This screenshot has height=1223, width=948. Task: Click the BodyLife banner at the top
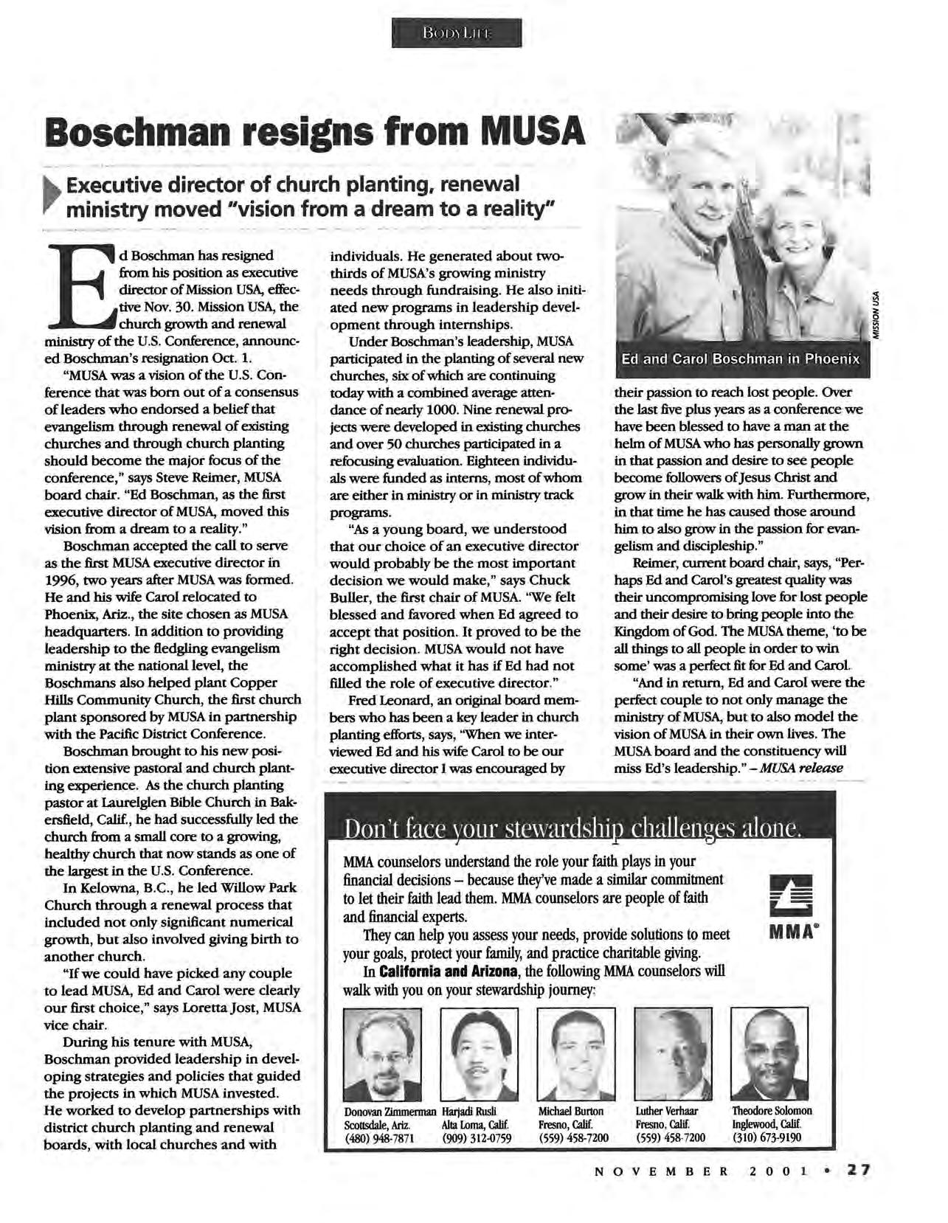457,33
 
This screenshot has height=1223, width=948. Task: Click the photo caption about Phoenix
740,360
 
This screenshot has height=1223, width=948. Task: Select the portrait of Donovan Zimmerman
382,1054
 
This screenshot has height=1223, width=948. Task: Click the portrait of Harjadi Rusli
479,1054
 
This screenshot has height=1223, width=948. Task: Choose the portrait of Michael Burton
575,1054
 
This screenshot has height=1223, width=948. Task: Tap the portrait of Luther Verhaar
673,1054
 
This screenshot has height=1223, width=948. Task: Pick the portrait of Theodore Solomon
769,1054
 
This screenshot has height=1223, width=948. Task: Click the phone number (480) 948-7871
380,1138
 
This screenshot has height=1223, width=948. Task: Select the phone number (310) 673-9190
767,1138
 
